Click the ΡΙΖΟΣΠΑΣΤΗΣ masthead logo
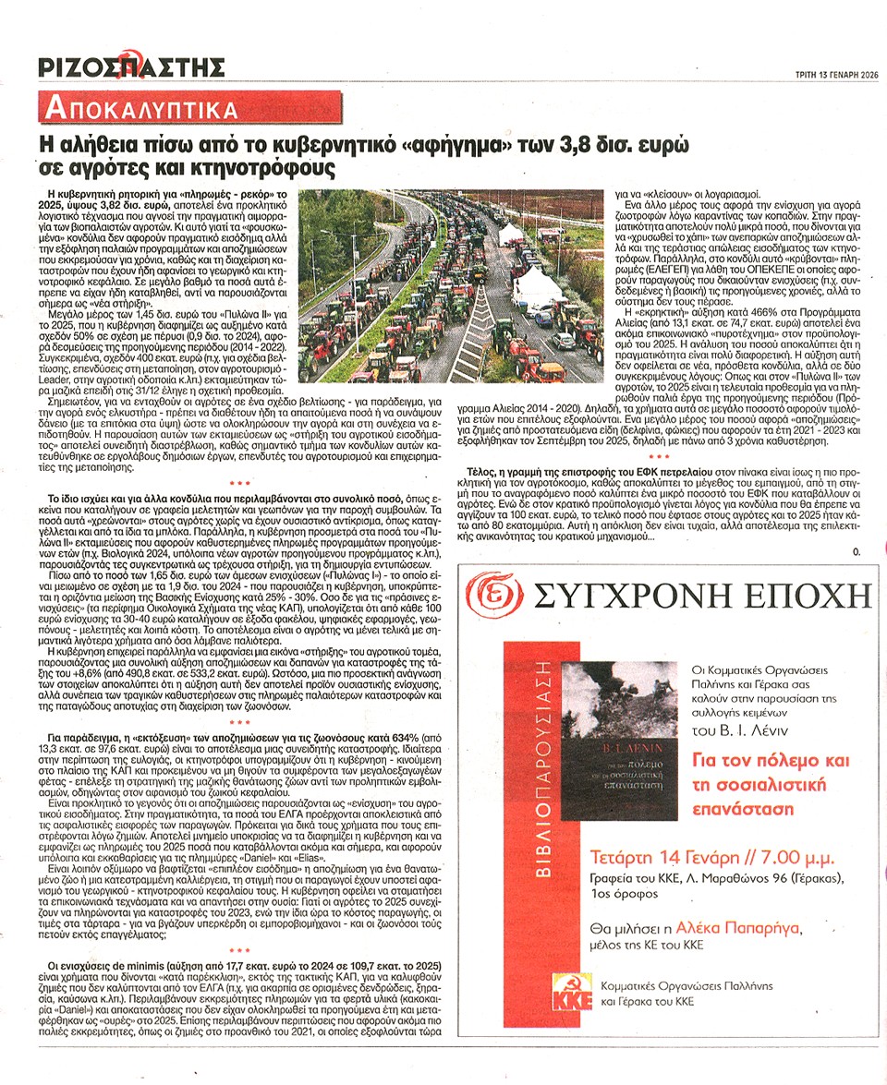coord(131,66)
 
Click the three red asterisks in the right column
coord(660,456)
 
